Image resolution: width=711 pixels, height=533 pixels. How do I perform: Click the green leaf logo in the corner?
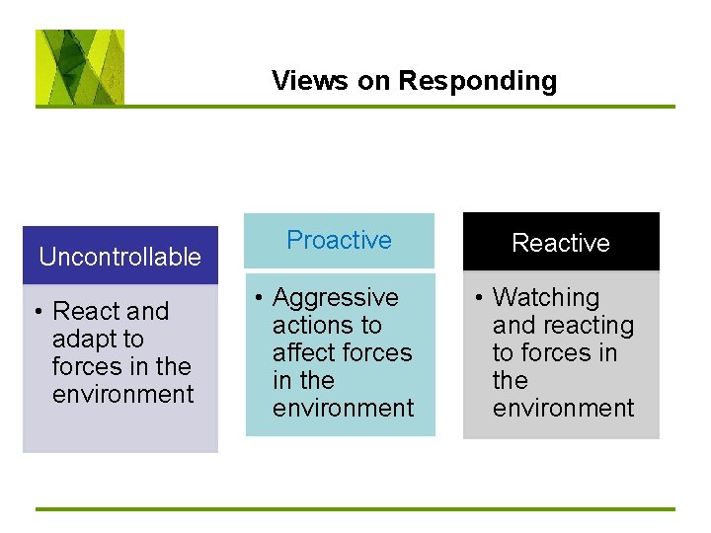point(80,67)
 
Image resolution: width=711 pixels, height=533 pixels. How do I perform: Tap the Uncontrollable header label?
point(119,257)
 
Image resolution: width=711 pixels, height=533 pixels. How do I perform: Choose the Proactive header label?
point(339,240)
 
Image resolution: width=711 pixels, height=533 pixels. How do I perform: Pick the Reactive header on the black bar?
point(561,243)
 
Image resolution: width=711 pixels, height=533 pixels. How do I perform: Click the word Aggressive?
point(336,297)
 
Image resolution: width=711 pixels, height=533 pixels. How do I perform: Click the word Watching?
point(546,297)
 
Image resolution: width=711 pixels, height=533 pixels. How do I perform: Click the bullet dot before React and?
point(37,312)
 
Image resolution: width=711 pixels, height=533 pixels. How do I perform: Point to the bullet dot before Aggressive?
point(257,298)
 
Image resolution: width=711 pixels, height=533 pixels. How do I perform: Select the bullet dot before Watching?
point(477,298)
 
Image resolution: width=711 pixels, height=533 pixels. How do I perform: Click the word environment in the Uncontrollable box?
point(123,394)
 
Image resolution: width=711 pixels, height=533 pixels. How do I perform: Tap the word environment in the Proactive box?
point(344,408)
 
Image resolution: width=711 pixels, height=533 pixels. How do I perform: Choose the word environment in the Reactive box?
point(564,408)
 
